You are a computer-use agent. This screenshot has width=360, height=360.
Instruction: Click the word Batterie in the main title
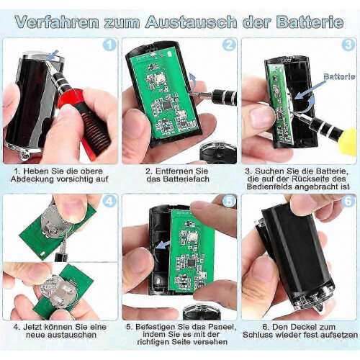point(310,22)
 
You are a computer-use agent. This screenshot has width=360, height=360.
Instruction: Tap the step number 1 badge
point(109,45)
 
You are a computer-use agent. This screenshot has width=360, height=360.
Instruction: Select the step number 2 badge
point(229,45)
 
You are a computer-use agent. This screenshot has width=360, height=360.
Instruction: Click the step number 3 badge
point(348,45)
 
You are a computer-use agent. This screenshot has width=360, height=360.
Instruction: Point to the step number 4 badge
point(109,201)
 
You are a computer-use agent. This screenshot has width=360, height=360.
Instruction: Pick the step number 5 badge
point(229,201)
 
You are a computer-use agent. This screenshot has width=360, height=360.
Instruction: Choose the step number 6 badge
point(348,201)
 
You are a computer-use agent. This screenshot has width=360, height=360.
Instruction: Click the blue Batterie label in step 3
point(339,76)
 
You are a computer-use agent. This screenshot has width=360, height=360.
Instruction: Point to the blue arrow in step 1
point(53,55)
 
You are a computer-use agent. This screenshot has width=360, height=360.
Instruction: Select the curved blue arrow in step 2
point(192,81)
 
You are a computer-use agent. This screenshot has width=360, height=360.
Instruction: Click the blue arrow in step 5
point(163,244)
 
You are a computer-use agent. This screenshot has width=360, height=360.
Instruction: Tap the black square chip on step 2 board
point(166,104)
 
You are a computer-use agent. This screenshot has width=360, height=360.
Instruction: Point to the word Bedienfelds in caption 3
point(269,186)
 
